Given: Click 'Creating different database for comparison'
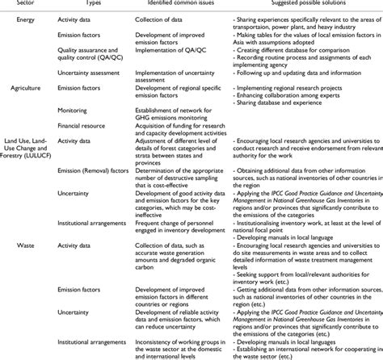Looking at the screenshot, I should (x=301, y=52).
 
